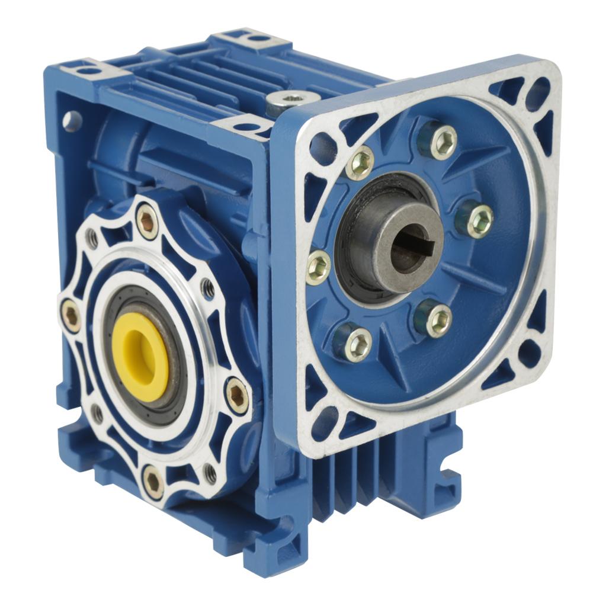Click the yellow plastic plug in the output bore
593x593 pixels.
point(140,357)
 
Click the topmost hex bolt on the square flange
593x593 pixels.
point(442,142)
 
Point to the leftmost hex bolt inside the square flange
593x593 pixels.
point(319,267)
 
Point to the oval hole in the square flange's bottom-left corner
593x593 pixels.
point(325,421)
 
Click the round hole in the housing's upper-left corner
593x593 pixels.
point(72,121)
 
